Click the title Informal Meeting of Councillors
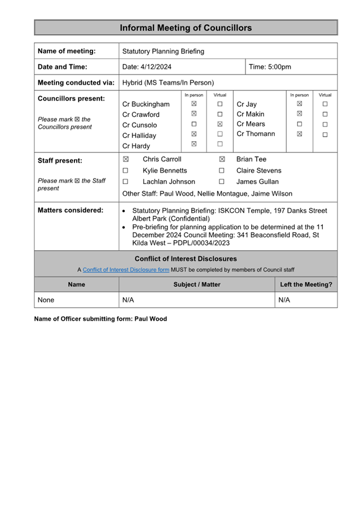pyautogui.click(x=186, y=28)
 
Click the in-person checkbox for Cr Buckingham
pyautogui.click(x=194, y=104)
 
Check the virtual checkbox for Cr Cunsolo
pyautogui.click(x=220, y=124)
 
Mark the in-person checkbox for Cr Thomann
pyautogui.click(x=299, y=134)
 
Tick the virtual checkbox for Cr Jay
pyautogui.click(x=325, y=104)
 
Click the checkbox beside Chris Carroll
pyautogui.click(x=126, y=159)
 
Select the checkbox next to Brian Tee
pyautogui.click(x=222, y=159)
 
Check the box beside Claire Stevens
pyautogui.click(x=222, y=171)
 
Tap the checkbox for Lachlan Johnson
pyautogui.click(x=126, y=182)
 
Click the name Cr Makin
pyautogui.click(x=251, y=114)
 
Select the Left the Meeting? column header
pyautogui.click(x=306, y=285)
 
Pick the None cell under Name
pyautogui.click(x=46, y=300)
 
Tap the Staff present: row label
pyautogui.click(x=60, y=160)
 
